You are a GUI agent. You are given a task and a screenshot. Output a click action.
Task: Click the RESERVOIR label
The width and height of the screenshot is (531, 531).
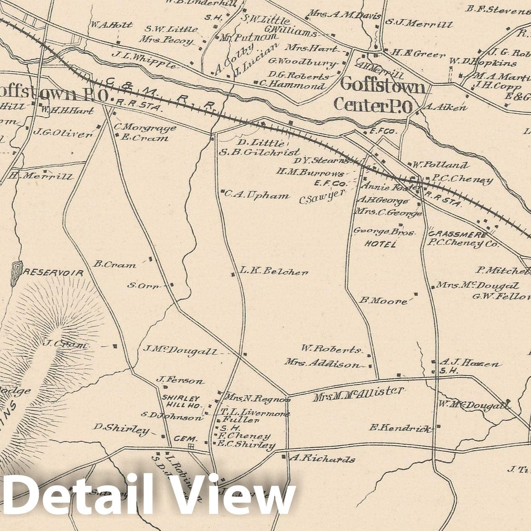coord(54,273)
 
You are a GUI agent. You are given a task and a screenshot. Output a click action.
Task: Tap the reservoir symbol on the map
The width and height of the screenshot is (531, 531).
coord(15,273)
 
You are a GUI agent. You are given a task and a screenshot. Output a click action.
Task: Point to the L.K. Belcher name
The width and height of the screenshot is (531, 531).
coord(274,271)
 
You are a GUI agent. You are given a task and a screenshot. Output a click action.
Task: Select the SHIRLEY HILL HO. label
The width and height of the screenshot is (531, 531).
coord(181,402)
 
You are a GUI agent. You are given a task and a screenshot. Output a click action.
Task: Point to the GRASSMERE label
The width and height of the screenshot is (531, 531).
coord(457,235)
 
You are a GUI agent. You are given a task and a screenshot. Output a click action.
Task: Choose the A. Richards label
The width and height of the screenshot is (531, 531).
coord(322,459)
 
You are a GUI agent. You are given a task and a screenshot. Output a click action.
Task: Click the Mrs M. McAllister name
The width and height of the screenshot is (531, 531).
coord(358,394)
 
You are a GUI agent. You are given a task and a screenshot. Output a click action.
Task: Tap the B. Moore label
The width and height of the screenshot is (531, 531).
coord(383,300)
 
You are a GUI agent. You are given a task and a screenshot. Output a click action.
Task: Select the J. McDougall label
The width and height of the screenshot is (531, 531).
coord(180,350)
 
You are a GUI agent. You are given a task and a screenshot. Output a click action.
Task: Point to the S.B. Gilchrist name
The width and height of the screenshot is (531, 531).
coord(260,152)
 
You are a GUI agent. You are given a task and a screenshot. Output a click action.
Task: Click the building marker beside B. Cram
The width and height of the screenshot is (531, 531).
coord(150,259)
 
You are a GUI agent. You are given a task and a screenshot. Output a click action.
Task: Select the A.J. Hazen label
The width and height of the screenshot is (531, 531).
coord(469,363)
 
